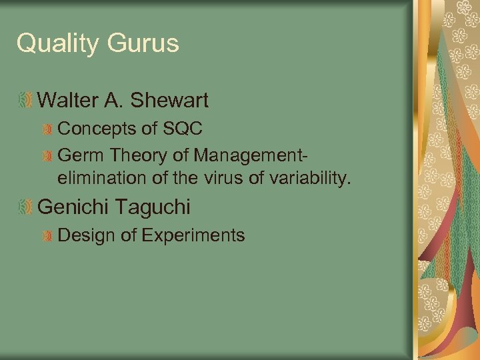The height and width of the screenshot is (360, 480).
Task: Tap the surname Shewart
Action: click(x=170, y=101)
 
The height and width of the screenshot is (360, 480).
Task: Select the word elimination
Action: click(x=101, y=178)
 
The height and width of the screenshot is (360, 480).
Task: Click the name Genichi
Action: click(x=72, y=207)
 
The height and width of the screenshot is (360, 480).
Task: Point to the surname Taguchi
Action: click(x=153, y=207)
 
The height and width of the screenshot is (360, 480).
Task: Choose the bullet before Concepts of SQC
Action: click(x=47, y=129)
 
